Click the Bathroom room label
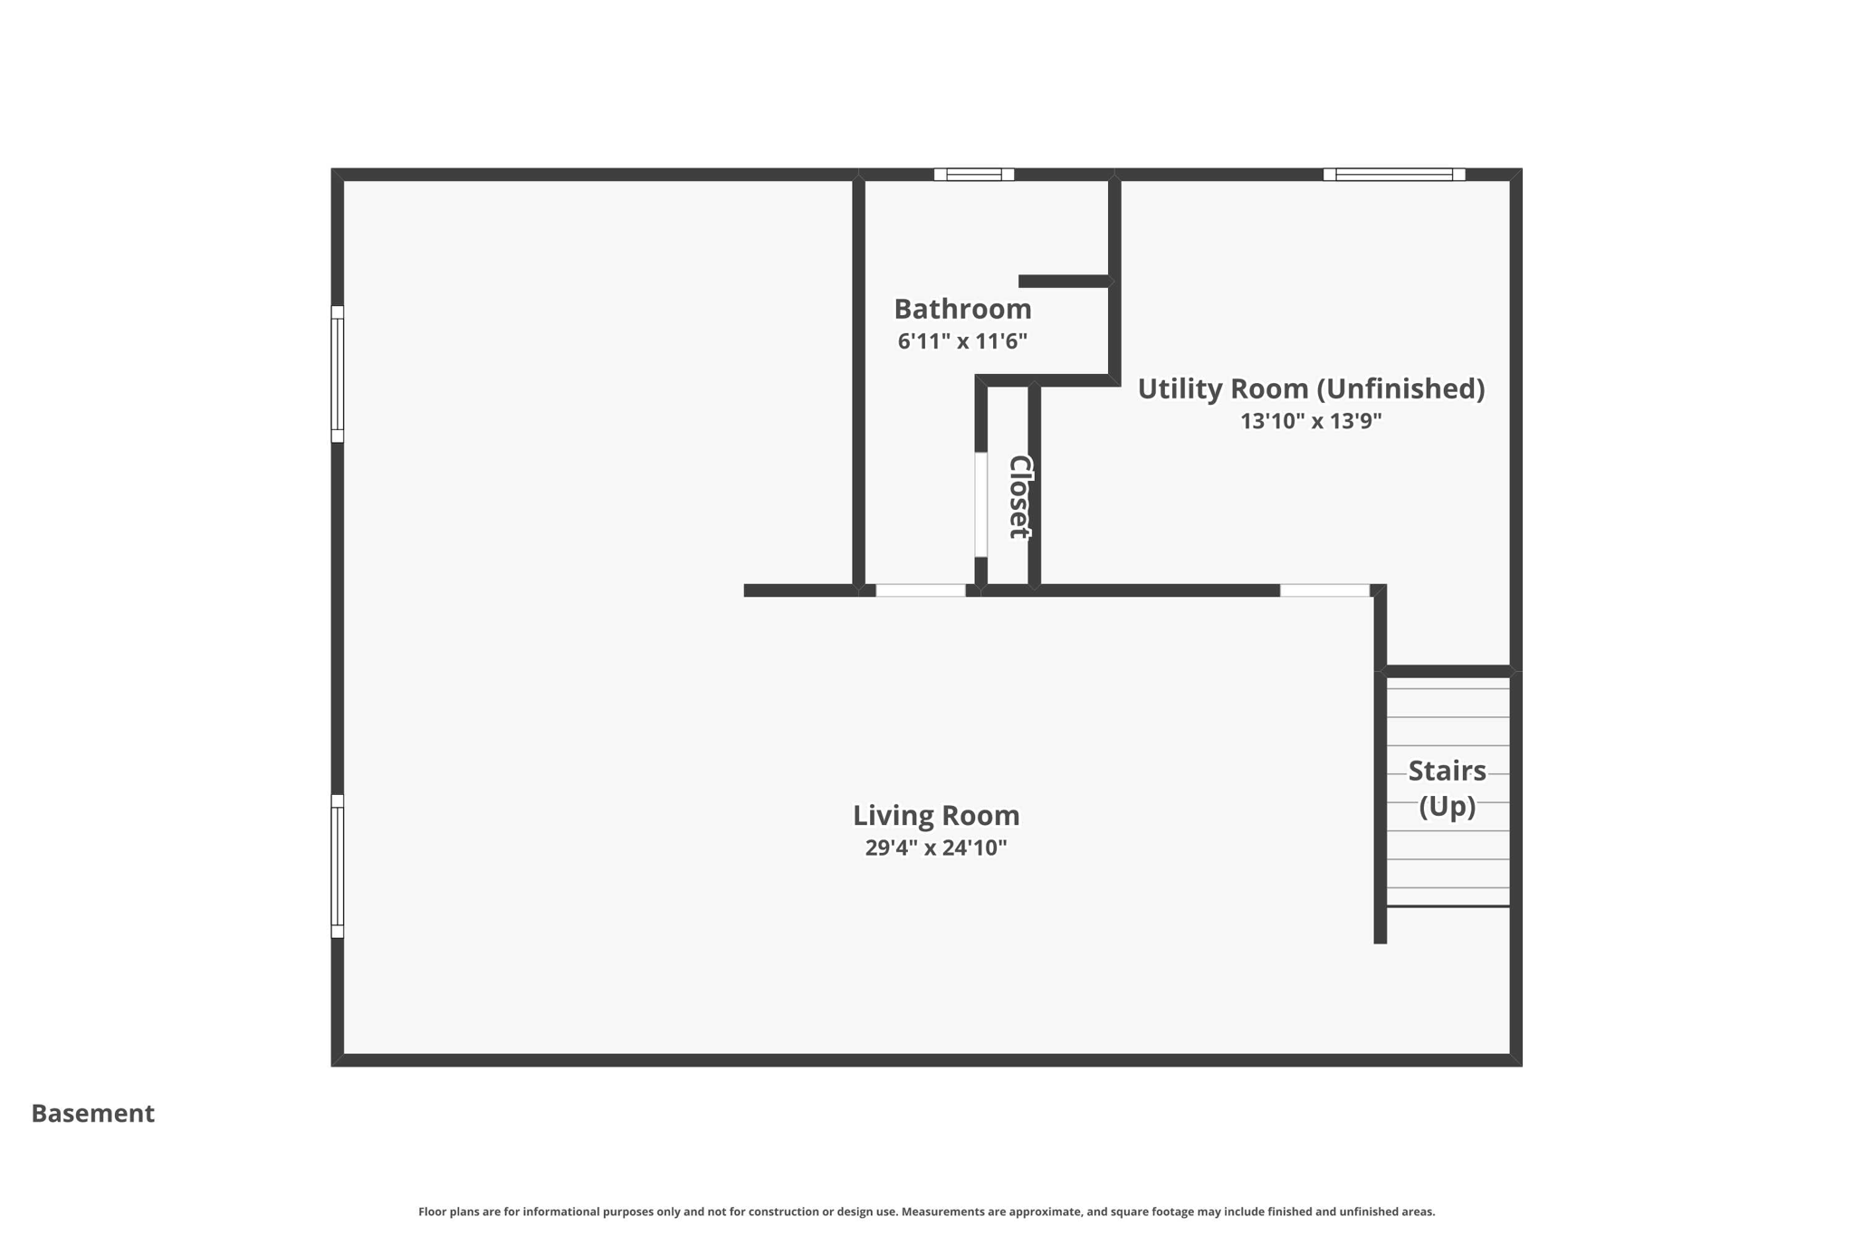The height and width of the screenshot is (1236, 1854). coord(962,310)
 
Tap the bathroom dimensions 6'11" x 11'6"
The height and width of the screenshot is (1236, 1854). coord(962,341)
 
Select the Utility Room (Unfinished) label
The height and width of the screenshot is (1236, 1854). coord(1310,389)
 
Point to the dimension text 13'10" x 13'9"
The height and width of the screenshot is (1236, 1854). coord(1310,421)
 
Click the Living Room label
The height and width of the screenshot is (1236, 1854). coord(936,816)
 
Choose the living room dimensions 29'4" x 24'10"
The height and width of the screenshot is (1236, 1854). coord(936,848)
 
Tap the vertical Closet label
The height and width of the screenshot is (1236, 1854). coord(1019,496)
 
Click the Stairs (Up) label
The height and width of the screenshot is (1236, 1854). coord(1447,788)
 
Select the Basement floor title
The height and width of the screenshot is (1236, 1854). coord(93,1114)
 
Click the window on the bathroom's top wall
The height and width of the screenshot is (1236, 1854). coord(974,175)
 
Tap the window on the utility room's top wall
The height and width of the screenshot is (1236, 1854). coord(1394,175)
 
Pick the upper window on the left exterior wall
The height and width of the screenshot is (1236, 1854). coord(338,374)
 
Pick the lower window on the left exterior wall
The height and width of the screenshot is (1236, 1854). coord(338,867)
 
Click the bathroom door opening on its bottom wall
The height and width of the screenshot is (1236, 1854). coord(921,590)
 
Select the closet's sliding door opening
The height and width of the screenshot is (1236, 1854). coord(980,504)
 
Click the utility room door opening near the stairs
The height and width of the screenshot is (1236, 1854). coord(1324,590)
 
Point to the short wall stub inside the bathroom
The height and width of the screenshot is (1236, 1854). coord(1064,282)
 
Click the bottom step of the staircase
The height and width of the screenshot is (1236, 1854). coord(1448,896)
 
